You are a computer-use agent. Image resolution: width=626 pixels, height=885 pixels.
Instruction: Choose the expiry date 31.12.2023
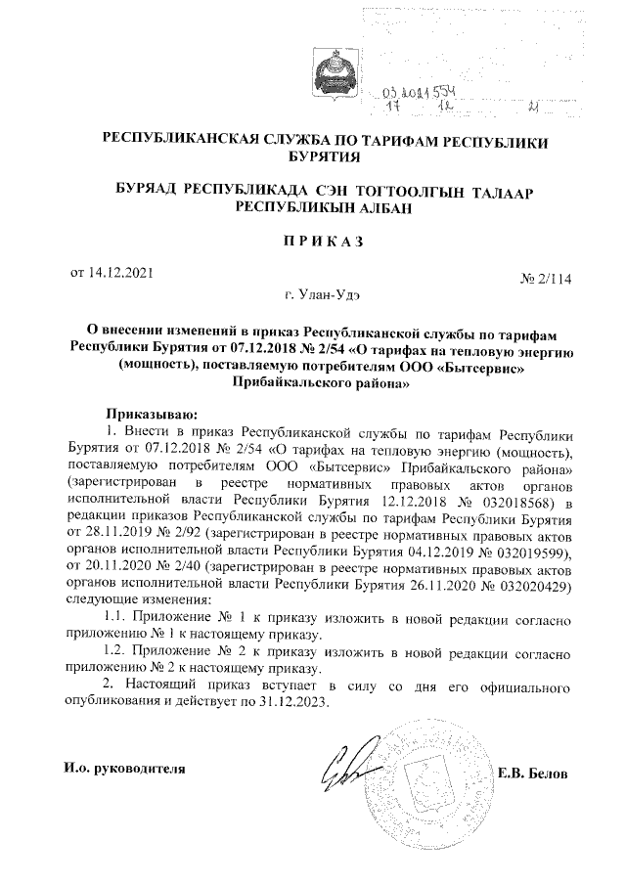click(295, 702)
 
